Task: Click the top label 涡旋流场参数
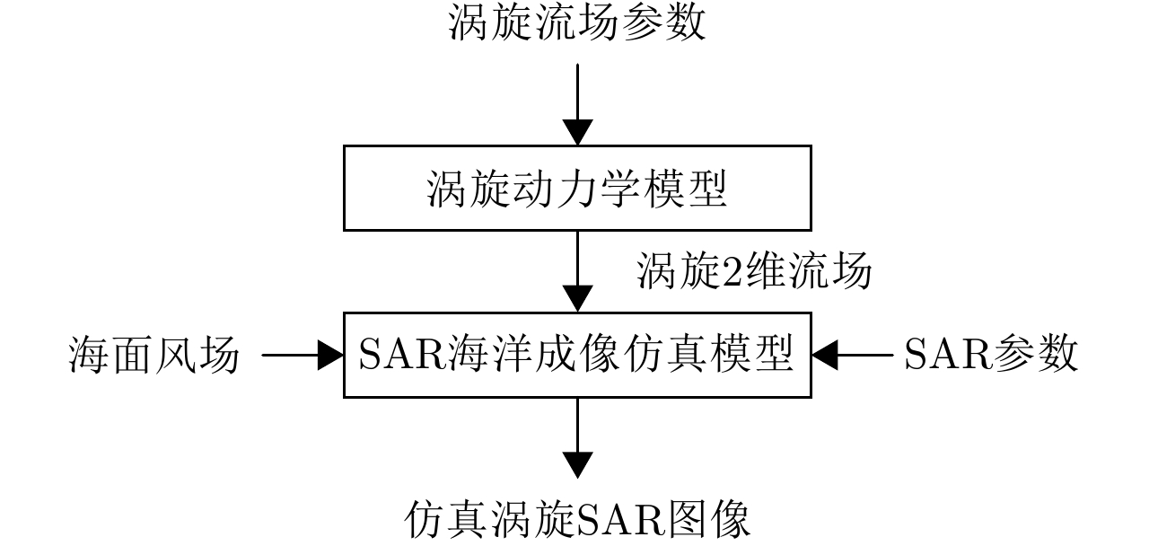click(x=577, y=24)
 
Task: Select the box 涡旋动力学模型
click(x=577, y=188)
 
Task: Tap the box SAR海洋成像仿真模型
click(x=577, y=355)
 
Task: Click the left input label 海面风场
click(x=154, y=356)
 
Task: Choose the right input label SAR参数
click(x=990, y=355)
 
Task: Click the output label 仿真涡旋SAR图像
click(x=577, y=520)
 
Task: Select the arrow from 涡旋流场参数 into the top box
click(x=577, y=103)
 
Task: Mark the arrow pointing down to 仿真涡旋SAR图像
click(x=577, y=437)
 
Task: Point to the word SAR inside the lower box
click(x=397, y=356)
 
